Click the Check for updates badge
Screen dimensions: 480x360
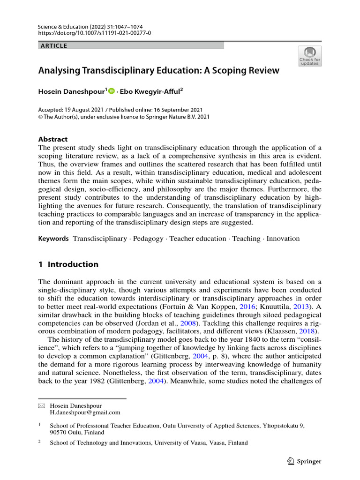310,56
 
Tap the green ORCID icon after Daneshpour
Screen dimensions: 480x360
111,91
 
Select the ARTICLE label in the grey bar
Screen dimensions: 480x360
54,45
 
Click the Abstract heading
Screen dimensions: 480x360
52,139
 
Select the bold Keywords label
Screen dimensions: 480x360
53,239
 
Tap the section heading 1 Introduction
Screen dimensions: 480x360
68,264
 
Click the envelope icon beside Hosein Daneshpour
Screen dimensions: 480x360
41,406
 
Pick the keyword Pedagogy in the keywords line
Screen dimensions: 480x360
149,239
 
